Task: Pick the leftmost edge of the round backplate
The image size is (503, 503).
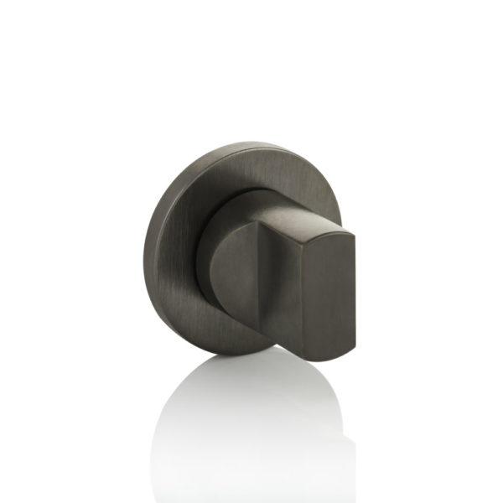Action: (144, 251)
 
